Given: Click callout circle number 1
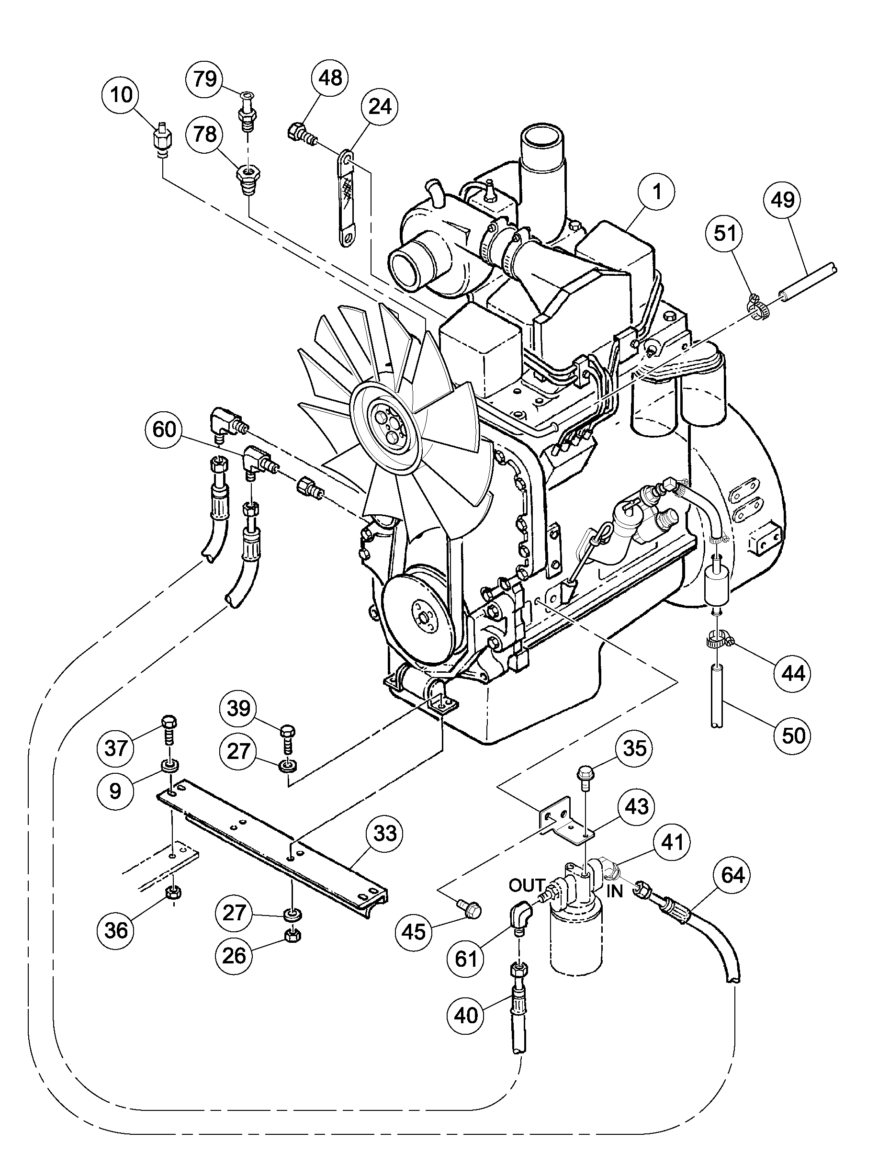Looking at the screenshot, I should pos(657,192).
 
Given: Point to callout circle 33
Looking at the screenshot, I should pos(384,833).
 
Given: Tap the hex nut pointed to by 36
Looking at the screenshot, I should pos(172,893).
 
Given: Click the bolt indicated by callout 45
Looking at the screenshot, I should pos(469,909).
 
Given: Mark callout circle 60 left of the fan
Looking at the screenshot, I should pos(164,429).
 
